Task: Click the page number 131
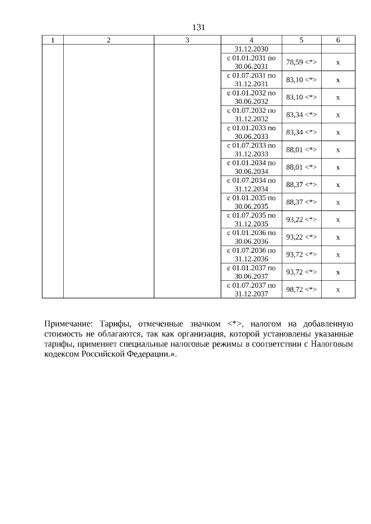pyautogui.click(x=199, y=27)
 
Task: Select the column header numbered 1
pyautogui.click(x=53, y=40)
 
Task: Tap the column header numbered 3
pyautogui.click(x=187, y=40)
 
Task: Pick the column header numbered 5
pyautogui.click(x=301, y=40)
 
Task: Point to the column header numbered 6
pyautogui.click(x=338, y=40)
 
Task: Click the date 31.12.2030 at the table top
pyautogui.click(x=251, y=49)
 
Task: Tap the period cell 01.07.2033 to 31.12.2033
pyautogui.click(x=251, y=149)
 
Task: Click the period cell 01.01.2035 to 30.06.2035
pyautogui.click(x=251, y=201)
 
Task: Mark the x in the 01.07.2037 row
pyautogui.click(x=338, y=289)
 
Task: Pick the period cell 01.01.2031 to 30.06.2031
pyautogui.click(x=251, y=63)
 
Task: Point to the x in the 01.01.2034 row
pyautogui.click(x=338, y=167)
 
